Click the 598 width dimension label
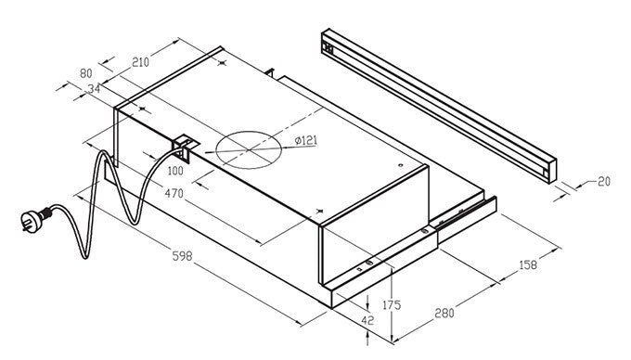(182, 256)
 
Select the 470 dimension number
(174, 194)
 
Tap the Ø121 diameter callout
(306, 140)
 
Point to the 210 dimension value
(140, 62)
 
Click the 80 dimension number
(86, 73)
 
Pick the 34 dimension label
(94, 88)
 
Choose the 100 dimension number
(175, 171)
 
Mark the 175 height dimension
(392, 305)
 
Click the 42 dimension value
(367, 321)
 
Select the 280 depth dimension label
(444, 313)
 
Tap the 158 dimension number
(528, 264)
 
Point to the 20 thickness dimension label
(604, 182)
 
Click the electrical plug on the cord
(35, 220)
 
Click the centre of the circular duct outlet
(249, 149)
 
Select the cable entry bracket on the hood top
(185, 148)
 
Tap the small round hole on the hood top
(400, 165)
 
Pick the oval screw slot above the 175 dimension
(369, 264)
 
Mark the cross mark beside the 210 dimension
(222, 63)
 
